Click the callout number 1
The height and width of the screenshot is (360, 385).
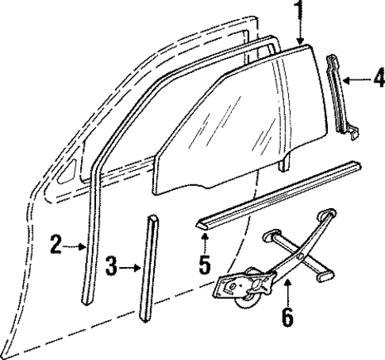coord(299,11)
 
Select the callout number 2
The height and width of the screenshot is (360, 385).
coord(56,244)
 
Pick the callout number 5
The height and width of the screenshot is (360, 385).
coord(205,264)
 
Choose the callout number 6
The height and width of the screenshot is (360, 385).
coord(287,317)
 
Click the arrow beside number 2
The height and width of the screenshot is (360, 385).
coord(77,246)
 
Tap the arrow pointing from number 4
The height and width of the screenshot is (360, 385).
coord(356,78)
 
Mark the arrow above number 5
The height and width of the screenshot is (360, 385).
coord(205,242)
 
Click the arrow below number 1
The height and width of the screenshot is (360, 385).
coord(299,33)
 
